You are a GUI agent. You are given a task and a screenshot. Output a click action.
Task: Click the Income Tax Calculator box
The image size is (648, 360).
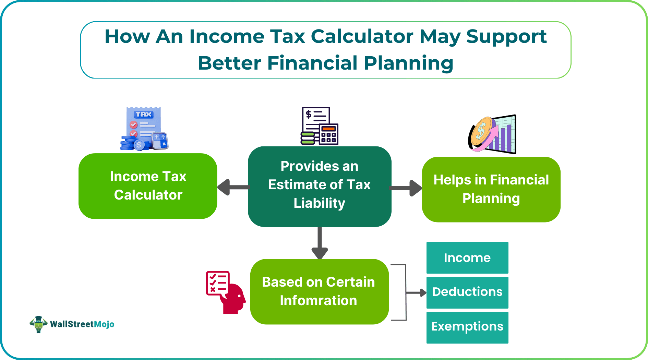point(148,186)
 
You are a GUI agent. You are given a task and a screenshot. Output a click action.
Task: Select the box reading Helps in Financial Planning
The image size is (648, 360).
point(491,189)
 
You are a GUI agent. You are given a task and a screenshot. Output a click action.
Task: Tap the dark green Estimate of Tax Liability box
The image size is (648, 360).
point(320,186)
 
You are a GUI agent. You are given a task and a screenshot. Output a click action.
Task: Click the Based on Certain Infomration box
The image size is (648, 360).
point(319,291)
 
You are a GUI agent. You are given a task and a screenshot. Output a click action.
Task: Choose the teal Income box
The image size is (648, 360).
point(467,258)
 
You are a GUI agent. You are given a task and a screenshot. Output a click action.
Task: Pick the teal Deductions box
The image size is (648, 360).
point(467,292)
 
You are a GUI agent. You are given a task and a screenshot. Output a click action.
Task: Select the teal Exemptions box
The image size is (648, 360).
point(467,327)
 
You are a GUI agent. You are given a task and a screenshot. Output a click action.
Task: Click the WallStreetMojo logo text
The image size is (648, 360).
point(82,324)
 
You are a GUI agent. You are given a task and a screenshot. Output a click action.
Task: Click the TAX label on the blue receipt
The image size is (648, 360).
point(143,115)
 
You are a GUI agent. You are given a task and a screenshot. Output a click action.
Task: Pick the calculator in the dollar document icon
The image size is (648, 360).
point(328,134)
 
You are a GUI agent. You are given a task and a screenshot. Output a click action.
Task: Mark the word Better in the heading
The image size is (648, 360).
point(229,63)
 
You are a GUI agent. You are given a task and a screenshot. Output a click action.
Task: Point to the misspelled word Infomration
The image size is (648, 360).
point(318,301)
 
